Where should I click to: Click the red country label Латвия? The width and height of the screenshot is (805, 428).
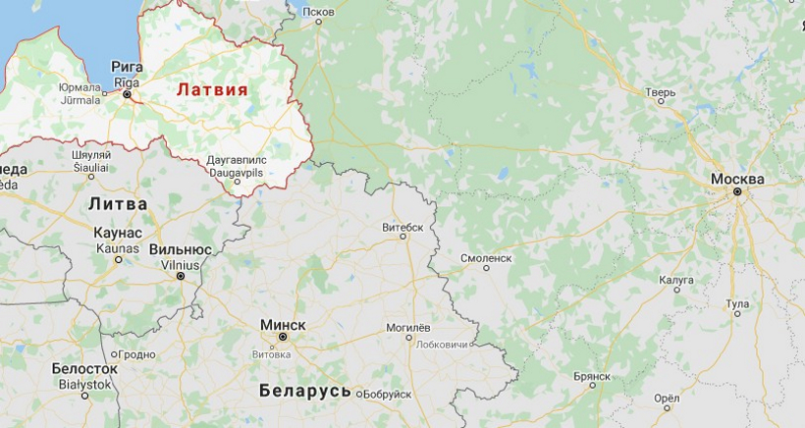[212, 89]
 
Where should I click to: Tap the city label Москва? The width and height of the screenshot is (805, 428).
[737, 179]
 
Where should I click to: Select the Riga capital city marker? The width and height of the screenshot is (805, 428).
[127, 95]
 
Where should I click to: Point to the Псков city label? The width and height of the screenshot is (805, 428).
[319, 12]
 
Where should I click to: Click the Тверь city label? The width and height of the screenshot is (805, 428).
[660, 93]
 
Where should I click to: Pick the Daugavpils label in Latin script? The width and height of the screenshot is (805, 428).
[236, 172]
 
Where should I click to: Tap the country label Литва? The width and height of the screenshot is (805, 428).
[118, 204]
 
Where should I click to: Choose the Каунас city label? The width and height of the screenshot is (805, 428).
[118, 234]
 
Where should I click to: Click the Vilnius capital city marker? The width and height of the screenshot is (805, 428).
[181, 276]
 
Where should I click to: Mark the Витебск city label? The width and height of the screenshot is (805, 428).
[402, 227]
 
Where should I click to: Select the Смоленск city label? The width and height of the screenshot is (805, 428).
[487, 258]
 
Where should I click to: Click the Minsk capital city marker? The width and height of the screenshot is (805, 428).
[283, 337]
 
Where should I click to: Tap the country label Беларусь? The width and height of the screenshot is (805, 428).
[305, 391]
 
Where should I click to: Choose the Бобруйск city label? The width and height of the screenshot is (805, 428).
[387, 395]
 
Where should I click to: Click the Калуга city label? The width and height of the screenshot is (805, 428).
[676, 280]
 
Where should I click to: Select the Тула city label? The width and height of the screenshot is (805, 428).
[737, 304]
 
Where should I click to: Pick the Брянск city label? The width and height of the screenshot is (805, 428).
[592, 376]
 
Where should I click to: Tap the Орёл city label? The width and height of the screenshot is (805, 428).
[666, 399]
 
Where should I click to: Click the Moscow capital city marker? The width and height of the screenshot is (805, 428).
[737, 192]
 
